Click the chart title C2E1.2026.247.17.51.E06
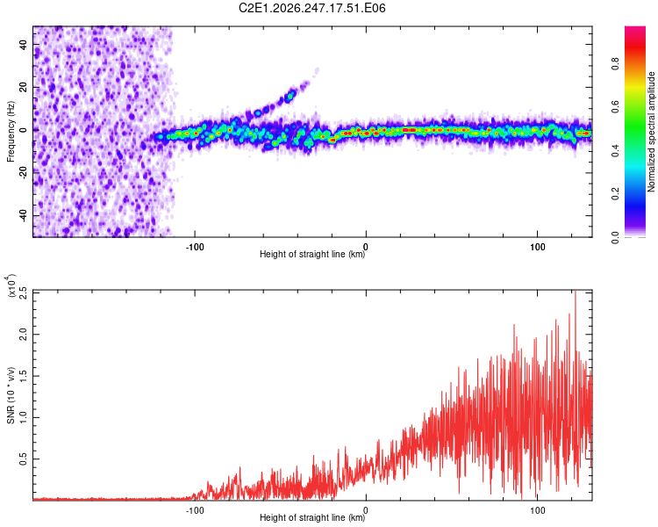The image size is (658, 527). pos(311,8)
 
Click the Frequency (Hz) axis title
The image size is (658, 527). pos(11,131)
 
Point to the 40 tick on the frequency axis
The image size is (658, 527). pos(23,44)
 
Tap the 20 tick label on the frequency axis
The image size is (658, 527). pos(23,87)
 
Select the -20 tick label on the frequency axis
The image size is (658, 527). pos(23,173)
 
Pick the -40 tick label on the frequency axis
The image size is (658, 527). pos(23,216)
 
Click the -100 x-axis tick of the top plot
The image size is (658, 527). pos(195,247)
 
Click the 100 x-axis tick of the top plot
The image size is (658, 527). pos(538,247)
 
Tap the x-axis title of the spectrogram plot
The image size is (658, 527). pos(312,254)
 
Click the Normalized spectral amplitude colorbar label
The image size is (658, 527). pos(651,132)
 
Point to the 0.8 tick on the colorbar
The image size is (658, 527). pos(615,64)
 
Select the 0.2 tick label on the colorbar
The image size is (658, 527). pos(615,194)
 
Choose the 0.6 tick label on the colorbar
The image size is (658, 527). pos(615,107)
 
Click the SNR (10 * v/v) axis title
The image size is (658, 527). pos(11,395)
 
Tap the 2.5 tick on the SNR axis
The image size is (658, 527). pos(23,292)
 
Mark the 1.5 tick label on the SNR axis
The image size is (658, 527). pos(23,376)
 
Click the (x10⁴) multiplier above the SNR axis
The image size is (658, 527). pos(11,285)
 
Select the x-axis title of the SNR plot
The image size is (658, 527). pos(312,517)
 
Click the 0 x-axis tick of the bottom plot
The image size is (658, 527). pos(366,510)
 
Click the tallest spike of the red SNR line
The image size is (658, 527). pos(576,292)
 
